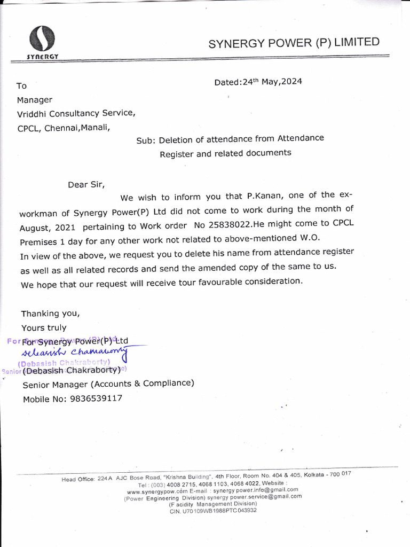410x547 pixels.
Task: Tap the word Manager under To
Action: [35, 99]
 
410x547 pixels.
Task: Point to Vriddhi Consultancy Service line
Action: [76, 113]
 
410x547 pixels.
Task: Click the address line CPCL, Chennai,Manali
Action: [64, 128]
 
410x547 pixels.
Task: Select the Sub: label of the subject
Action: [145, 140]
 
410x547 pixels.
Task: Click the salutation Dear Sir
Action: [86, 185]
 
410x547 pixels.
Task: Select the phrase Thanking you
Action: [50, 313]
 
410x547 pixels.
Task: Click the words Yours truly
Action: [44, 327]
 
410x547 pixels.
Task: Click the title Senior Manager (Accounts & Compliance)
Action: [108, 383]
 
